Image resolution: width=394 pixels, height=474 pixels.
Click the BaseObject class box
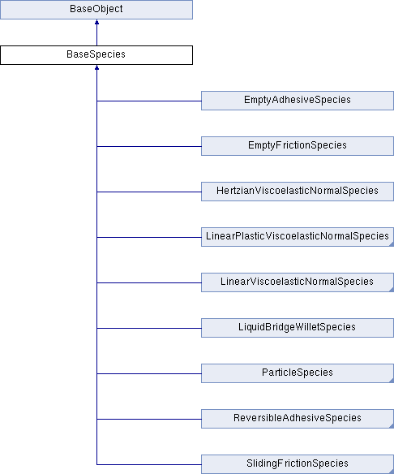[x=96, y=10]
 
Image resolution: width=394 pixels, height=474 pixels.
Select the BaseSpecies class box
[x=96, y=55]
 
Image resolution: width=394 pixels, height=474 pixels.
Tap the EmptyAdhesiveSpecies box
[x=298, y=101]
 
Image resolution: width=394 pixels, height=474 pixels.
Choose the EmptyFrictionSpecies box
[x=298, y=146]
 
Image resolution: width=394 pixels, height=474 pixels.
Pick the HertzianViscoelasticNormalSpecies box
[x=298, y=192]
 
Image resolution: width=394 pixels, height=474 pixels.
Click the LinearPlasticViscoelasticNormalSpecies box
[x=298, y=237]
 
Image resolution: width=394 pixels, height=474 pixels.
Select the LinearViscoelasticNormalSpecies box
[x=298, y=282]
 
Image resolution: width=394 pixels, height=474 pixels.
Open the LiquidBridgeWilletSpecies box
[x=298, y=328]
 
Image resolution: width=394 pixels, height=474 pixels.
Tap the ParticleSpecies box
[x=298, y=373]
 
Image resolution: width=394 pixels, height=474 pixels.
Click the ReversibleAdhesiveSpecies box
[x=298, y=419]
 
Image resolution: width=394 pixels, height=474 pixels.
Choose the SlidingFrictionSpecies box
[x=298, y=464]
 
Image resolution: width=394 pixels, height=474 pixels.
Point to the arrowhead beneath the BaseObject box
[x=96, y=22]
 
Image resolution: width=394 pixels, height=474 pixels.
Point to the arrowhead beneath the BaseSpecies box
[x=96, y=67]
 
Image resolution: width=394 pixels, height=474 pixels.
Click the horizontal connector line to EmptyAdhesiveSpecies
[x=149, y=101]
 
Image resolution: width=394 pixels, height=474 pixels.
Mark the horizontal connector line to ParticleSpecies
[x=149, y=373]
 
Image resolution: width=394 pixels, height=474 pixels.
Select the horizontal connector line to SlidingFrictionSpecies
[x=149, y=464]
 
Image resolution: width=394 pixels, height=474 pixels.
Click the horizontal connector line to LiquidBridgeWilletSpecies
[x=149, y=328]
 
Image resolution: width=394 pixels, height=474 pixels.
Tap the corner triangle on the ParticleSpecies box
[x=392, y=381]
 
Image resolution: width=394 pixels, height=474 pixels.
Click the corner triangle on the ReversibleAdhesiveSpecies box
[x=392, y=426]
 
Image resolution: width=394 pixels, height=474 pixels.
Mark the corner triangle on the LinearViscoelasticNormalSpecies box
[x=392, y=290]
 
